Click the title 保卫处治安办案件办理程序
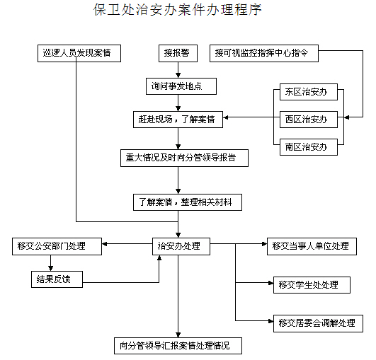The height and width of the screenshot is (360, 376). (x=178, y=10)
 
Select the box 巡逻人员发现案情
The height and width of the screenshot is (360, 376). (x=79, y=53)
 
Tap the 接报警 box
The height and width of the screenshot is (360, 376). (x=178, y=53)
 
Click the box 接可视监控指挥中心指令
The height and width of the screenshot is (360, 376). (x=264, y=53)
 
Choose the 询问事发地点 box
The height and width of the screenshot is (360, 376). (x=181, y=86)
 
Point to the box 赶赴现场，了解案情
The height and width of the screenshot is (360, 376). (x=178, y=120)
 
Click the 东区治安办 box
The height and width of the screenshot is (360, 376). (x=309, y=92)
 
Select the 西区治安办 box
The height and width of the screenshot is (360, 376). (x=309, y=120)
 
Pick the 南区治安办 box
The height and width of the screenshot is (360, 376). (x=309, y=147)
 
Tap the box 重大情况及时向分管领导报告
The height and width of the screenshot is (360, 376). (x=184, y=158)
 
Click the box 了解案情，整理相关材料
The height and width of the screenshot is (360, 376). (x=188, y=202)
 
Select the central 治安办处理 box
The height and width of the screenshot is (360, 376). (x=181, y=246)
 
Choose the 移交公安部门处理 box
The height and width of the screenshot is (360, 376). (x=57, y=246)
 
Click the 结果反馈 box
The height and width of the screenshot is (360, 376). (x=57, y=279)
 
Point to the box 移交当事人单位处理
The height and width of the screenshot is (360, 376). (x=312, y=246)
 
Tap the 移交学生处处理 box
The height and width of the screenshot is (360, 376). (x=312, y=285)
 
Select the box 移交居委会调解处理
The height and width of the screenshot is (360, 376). (x=318, y=323)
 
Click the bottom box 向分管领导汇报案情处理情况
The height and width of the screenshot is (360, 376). (x=178, y=346)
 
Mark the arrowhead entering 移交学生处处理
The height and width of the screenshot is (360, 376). (x=271, y=283)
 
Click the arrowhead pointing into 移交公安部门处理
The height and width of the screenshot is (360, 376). (x=105, y=244)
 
